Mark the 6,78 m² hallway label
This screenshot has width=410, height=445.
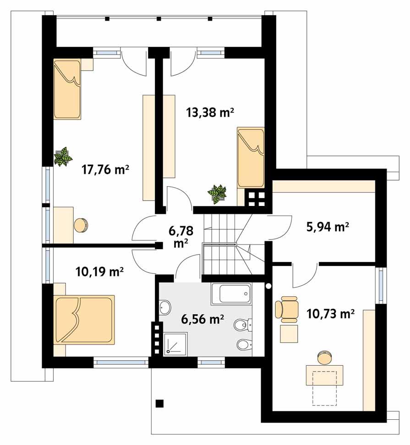pyautogui.click(x=181, y=235)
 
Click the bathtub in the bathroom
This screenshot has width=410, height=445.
pyautogui.click(x=231, y=294)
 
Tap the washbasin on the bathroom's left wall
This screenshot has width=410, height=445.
pyautogui.click(x=165, y=307)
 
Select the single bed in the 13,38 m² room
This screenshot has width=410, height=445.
pyautogui.click(x=251, y=157)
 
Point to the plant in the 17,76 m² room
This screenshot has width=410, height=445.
pyautogui.click(x=63, y=156)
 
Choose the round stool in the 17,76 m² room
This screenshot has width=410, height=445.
pyautogui.click(x=81, y=225)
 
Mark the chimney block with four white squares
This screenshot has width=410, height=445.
pyautogui.click(x=256, y=199)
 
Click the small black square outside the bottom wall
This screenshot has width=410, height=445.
pyautogui.click(x=159, y=404)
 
